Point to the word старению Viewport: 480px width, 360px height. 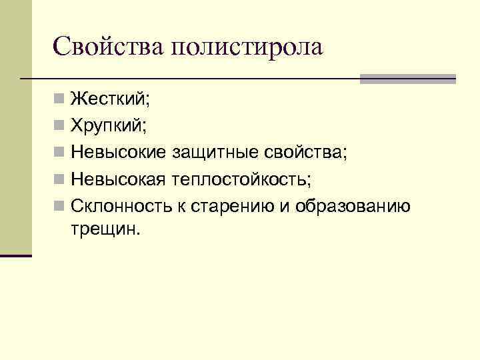pyautogui.click(x=231, y=205)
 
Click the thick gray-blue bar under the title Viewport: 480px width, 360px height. pyautogui.click(x=407, y=78)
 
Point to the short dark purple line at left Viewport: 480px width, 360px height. pyautogui.click(x=16, y=255)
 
